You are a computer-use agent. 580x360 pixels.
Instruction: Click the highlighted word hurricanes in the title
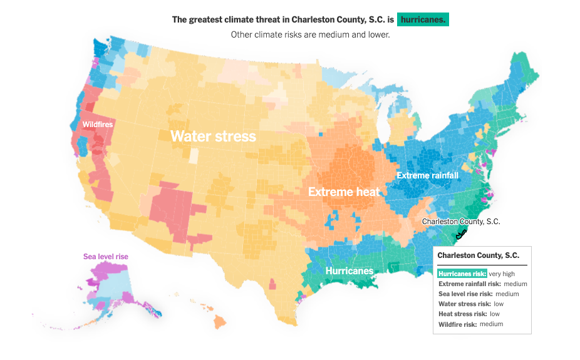[x=423, y=19]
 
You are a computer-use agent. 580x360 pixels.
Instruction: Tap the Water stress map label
[x=213, y=136]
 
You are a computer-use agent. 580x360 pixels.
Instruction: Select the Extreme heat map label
[x=344, y=192]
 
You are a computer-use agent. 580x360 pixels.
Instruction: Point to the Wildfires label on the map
[x=98, y=125]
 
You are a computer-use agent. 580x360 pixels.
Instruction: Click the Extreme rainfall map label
[x=427, y=175]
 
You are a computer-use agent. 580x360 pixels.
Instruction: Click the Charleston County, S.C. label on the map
[x=461, y=222]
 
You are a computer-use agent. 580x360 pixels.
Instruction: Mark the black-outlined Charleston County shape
[x=462, y=235]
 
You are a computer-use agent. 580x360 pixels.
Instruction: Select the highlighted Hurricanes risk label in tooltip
[x=462, y=274]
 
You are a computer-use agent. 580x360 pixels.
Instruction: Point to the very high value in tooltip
[x=502, y=274]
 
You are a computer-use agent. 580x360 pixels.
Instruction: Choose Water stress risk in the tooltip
[x=464, y=304]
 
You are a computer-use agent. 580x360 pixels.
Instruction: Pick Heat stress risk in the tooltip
[x=462, y=314]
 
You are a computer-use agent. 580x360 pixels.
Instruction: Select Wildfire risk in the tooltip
[x=457, y=324]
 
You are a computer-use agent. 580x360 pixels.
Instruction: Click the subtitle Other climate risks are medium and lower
[x=310, y=34]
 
